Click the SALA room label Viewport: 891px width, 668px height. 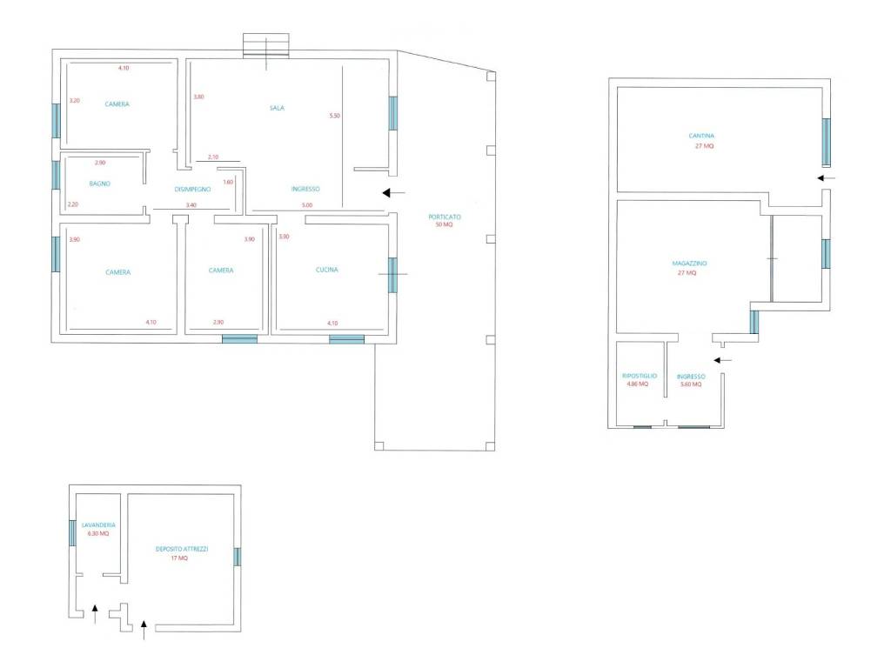click(x=277, y=108)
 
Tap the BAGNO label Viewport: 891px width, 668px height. click(x=99, y=184)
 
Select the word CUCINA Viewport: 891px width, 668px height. click(x=327, y=270)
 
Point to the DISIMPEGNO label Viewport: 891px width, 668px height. click(x=192, y=189)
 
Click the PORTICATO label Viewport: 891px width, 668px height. click(x=445, y=217)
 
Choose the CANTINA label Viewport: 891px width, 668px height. click(x=701, y=136)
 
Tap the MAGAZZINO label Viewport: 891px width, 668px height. click(x=689, y=264)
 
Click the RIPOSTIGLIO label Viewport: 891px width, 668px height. click(x=640, y=376)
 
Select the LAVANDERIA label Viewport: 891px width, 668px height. click(x=98, y=525)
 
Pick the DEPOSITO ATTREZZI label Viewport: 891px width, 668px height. click(x=182, y=550)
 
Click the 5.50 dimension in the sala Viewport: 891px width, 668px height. click(x=335, y=116)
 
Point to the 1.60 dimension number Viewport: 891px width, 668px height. click(x=228, y=183)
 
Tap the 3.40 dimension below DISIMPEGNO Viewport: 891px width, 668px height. click(x=191, y=205)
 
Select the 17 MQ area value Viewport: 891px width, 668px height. click(x=179, y=558)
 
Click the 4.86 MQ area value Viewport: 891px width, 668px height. click(x=637, y=384)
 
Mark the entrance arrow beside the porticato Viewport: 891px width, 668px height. click(x=394, y=193)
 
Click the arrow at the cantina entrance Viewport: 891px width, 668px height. click(x=827, y=177)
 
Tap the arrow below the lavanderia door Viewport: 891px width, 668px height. click(x=95, y=614)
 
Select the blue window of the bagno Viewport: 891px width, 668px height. click(x=56, y=175)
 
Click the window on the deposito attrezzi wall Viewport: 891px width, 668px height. click(x=237, y=557)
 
